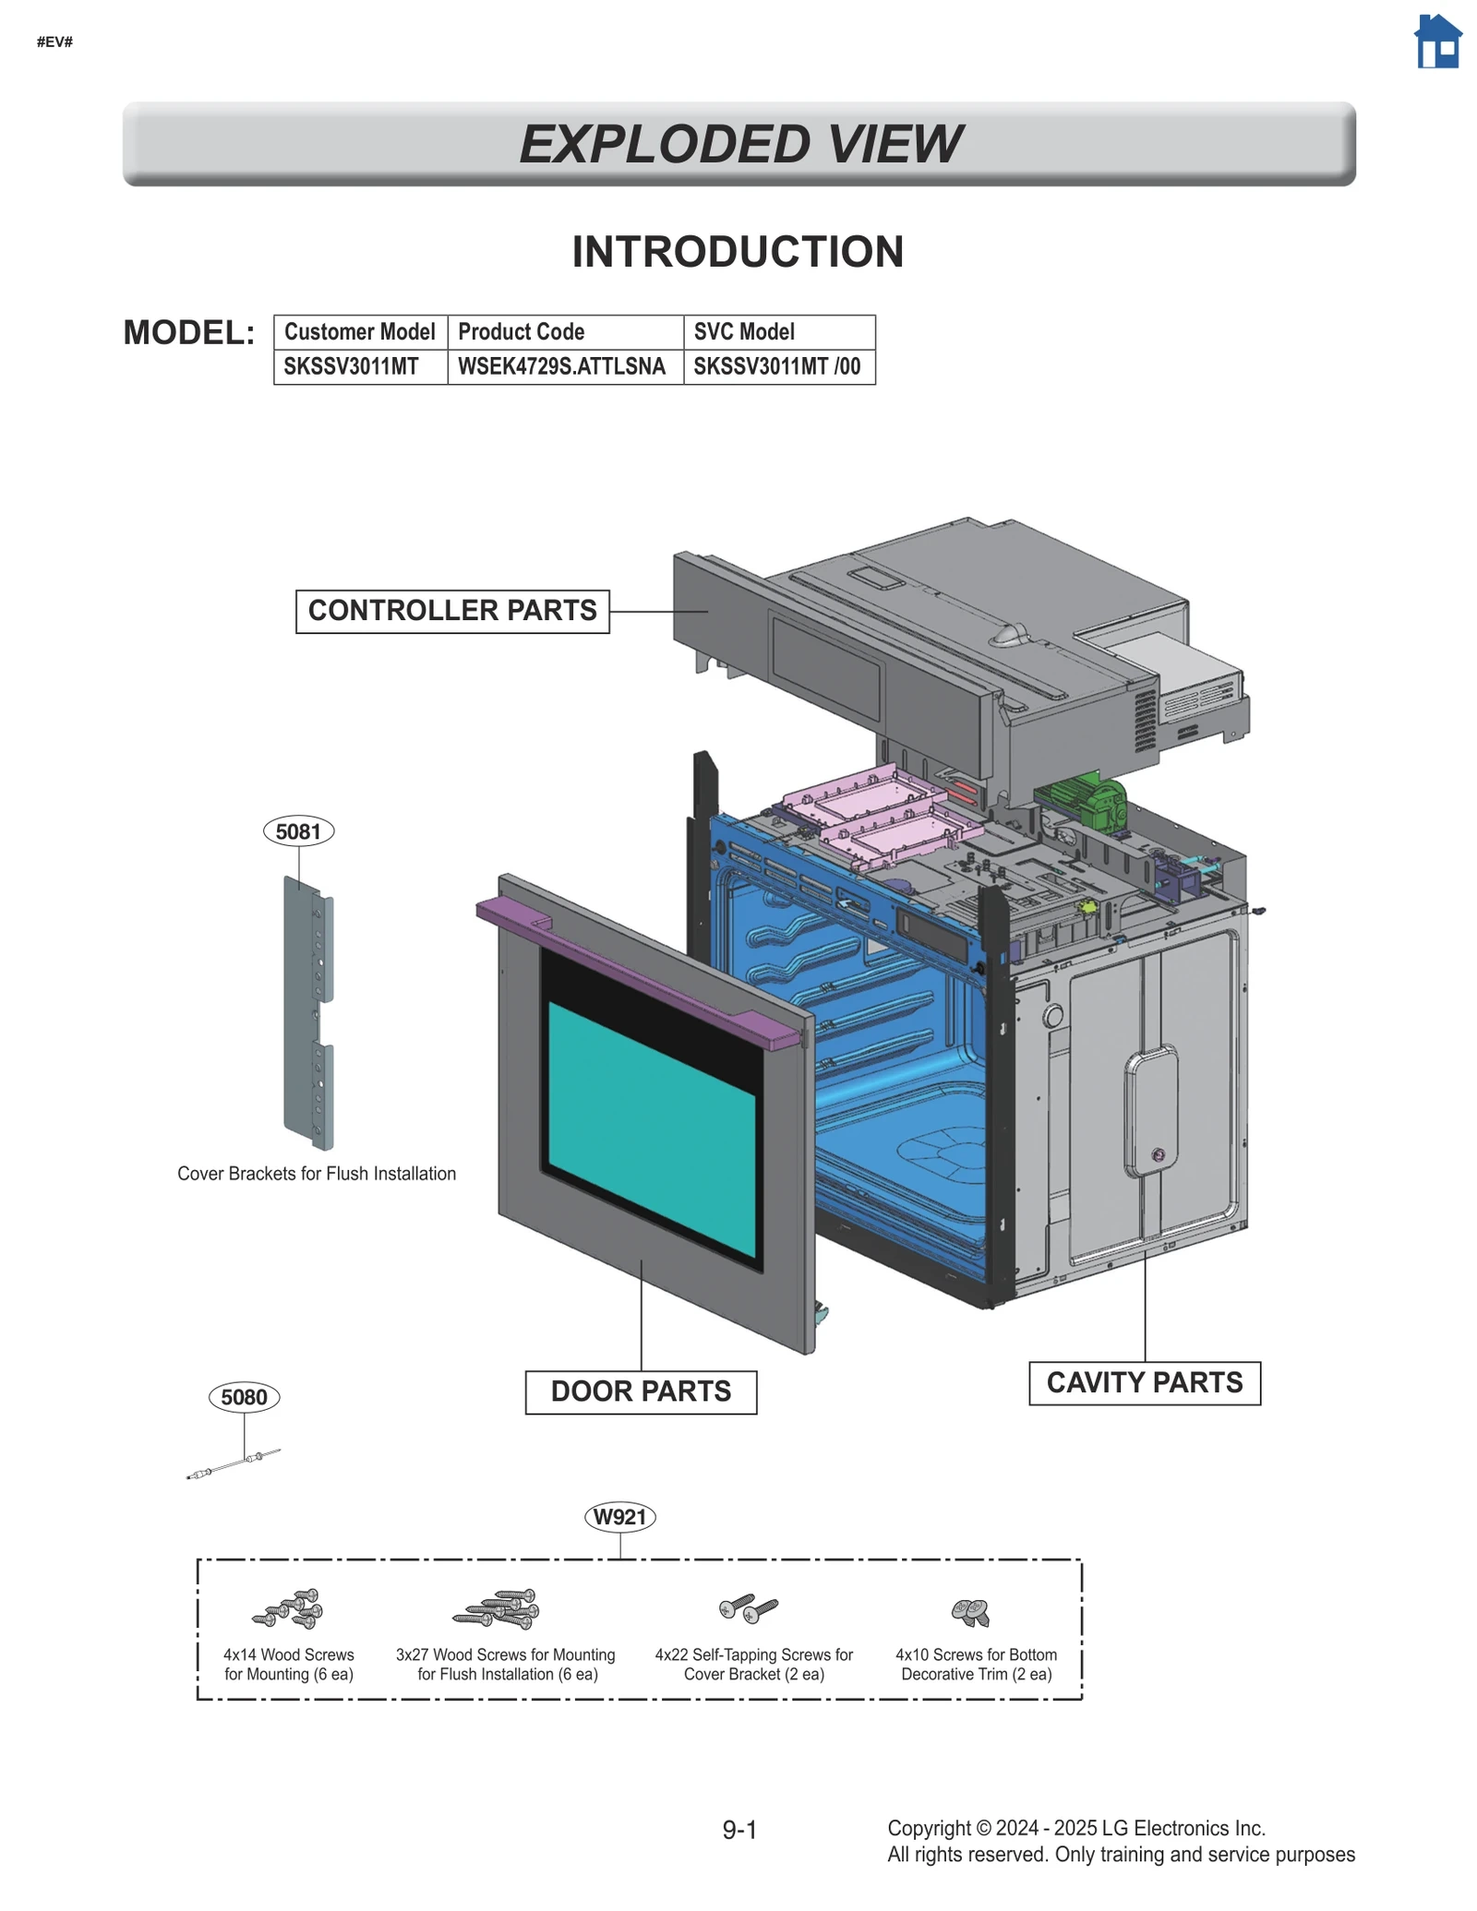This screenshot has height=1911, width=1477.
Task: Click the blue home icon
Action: [1437, 42]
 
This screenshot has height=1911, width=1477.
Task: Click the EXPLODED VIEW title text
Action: [739, 144]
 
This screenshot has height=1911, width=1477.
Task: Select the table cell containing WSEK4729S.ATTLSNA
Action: [561, 366]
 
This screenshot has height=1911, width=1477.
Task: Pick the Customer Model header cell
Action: [359, 331]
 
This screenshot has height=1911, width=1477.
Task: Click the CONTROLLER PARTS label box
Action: [452, 611]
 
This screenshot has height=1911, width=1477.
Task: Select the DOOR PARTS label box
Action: [641, 1391]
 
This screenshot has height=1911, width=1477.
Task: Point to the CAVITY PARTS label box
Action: [1144, 1383]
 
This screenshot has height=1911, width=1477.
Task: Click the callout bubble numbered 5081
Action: [298, 831]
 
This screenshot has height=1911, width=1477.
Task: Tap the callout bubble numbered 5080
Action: [244, 1397]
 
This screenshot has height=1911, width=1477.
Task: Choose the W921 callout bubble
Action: [619, 1517]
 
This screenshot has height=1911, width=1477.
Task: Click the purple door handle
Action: [637, 973]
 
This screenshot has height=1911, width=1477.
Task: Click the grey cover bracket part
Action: [307, 1015]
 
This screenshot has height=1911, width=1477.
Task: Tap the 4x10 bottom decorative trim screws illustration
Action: [970, 1612]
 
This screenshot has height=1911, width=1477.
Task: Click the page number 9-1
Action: [739, 1830]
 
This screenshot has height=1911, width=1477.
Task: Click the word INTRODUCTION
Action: [738, 252]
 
